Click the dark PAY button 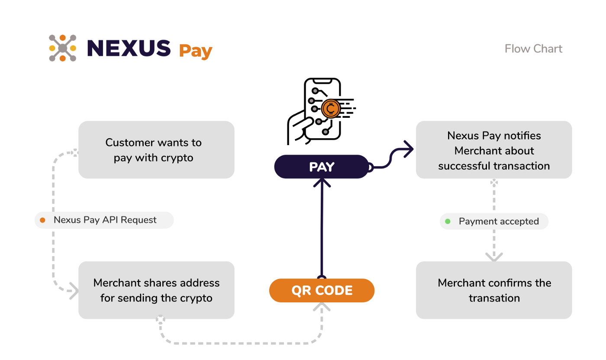pos(322,166)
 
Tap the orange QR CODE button pos(322,290)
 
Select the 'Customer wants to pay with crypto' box pos(156,150)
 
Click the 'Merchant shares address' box pos(156,290)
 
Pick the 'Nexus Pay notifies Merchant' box pos(494,150)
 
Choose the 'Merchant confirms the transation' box pos(494,290)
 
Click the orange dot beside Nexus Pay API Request pos(42,220)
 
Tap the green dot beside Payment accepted pos(448,221)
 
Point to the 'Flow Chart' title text pos(533,49)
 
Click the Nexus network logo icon pos(62,48)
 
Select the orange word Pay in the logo pos(196,51)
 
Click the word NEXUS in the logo pos(129,48)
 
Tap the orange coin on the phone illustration pos(331,109)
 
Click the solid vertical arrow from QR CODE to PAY pos(322,229)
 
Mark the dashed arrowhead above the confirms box pos(494,257)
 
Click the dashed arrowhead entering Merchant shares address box pos(74,291)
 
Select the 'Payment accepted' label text pos(499,221)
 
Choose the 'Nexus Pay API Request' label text pos(105,220)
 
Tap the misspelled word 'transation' pos(494,298)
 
